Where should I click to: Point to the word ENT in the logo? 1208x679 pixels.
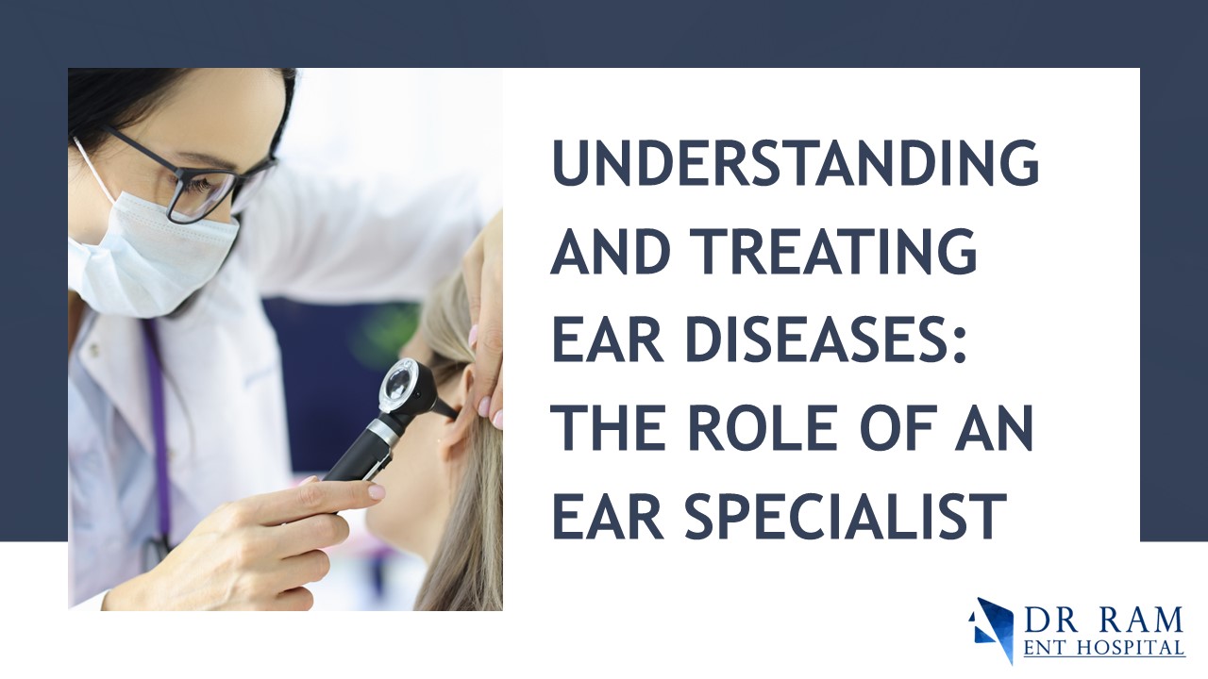[x=1047, y=649]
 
